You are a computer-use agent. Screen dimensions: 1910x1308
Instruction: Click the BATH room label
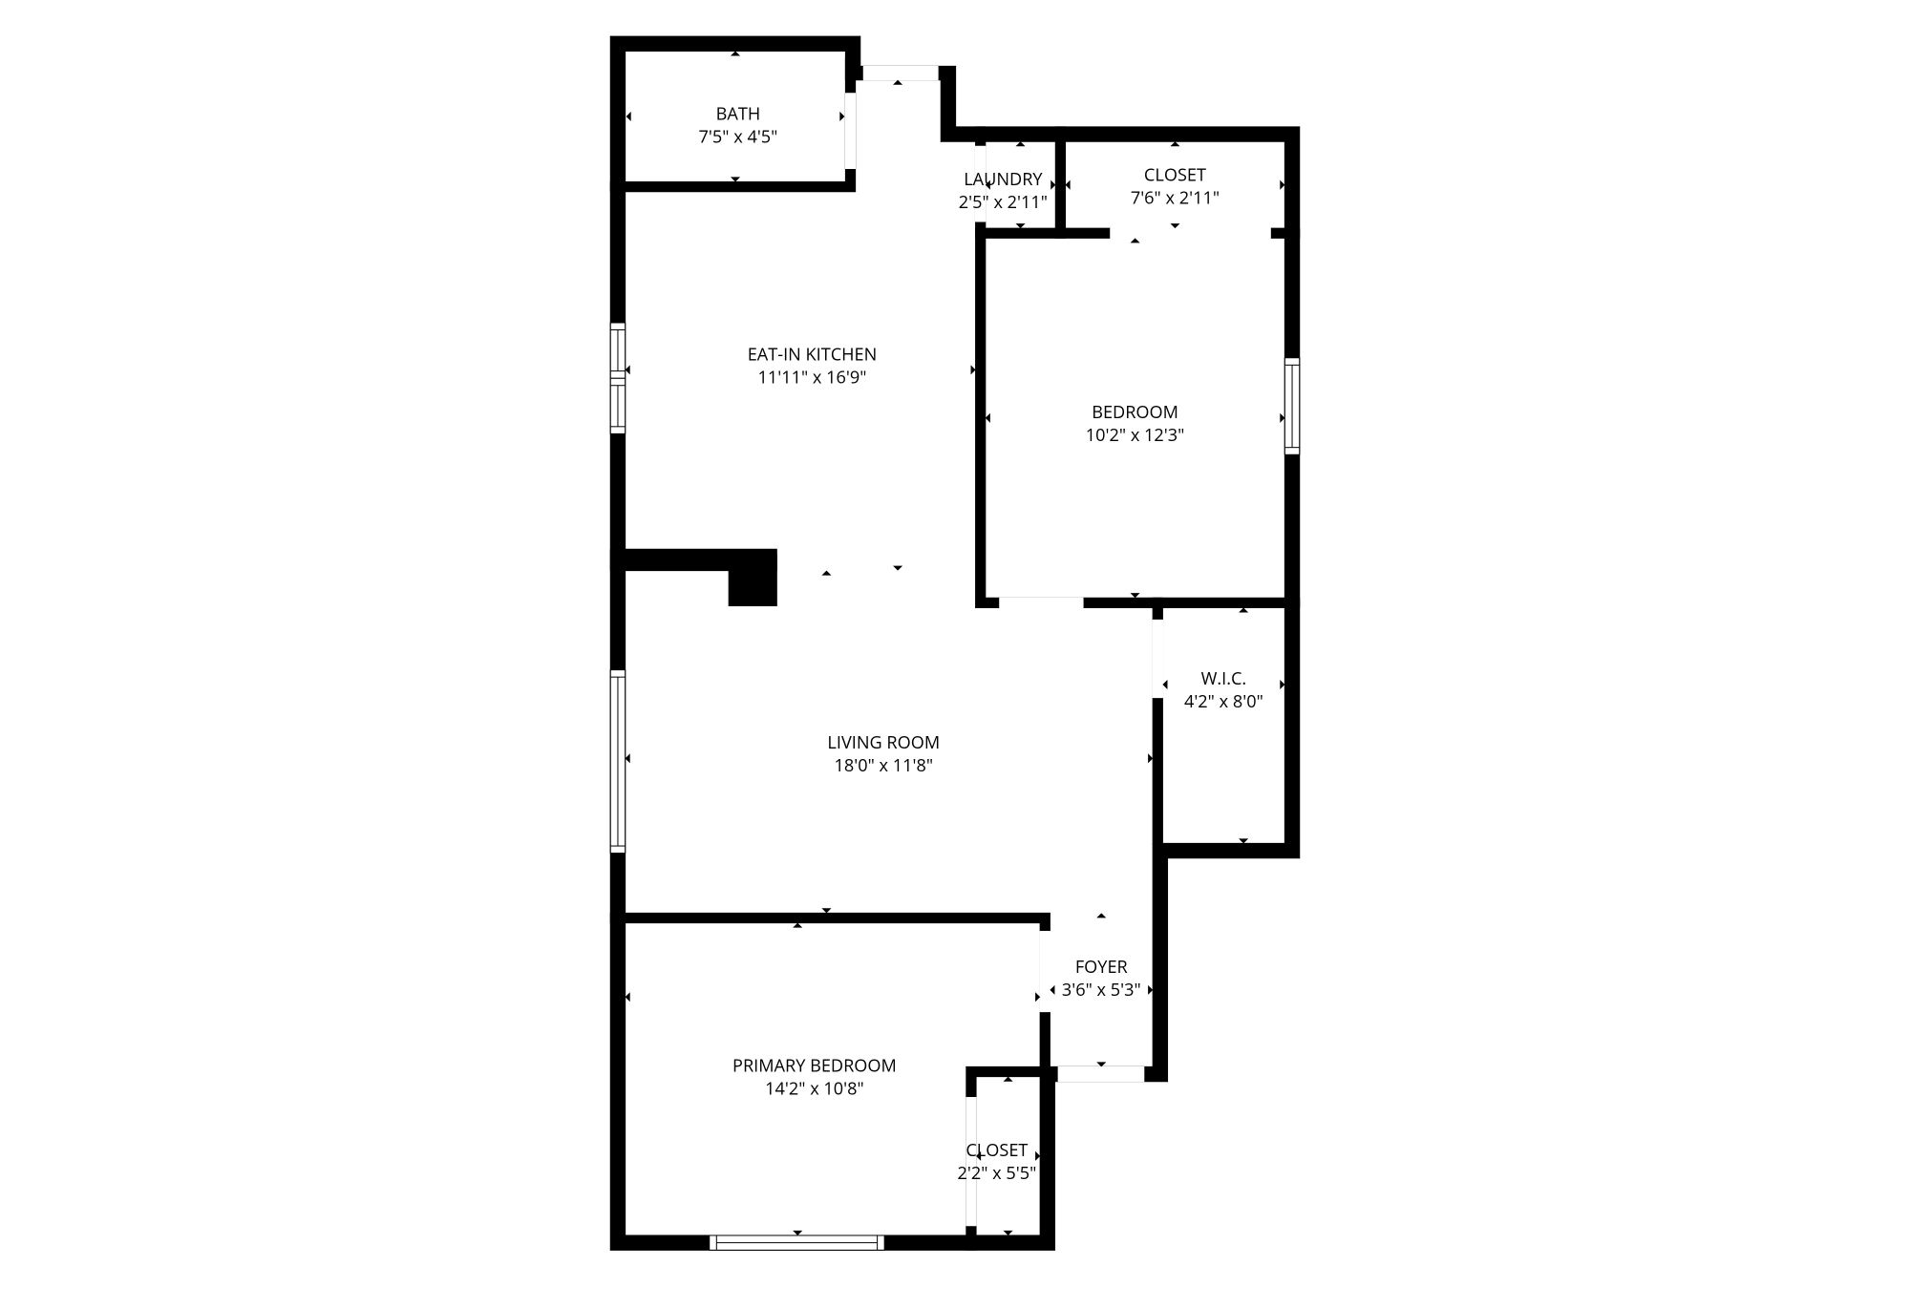(737, 114)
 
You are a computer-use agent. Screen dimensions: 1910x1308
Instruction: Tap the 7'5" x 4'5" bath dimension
(737, 137)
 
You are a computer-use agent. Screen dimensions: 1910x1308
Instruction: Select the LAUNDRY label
(1003, 179)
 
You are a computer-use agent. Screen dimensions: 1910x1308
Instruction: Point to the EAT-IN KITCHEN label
(812, 354)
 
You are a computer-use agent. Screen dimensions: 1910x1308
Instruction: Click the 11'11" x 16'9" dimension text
(812, 377)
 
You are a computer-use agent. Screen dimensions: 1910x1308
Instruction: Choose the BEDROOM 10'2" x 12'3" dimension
(1135, 435)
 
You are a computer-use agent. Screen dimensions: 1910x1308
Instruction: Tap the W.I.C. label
(1223, 679)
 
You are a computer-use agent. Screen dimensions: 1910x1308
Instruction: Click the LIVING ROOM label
(883, 742)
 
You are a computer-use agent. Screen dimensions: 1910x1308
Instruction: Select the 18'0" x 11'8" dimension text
(883, 765)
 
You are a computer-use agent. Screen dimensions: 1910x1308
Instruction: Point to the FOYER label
(1101, 967)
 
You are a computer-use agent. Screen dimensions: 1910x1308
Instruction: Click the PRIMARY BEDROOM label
(814, 1065)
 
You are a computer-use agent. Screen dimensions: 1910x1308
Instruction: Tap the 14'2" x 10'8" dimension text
(814, 1088)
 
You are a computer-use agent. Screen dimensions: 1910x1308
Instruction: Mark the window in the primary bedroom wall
(796, 1242)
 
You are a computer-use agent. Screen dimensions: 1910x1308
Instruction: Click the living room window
(618, 761)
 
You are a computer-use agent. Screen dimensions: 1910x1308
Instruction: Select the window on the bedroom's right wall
(1292, 406)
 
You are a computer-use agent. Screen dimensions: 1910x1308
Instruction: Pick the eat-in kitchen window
(618, 379)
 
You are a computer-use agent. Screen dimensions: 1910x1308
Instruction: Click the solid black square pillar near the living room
(753, 578)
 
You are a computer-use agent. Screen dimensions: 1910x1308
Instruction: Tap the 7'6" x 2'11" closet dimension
(1175, 198)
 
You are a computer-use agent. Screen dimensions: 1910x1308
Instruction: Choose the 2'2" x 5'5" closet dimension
(997, 1173)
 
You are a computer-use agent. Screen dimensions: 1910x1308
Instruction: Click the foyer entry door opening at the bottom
(1101, 1074)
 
